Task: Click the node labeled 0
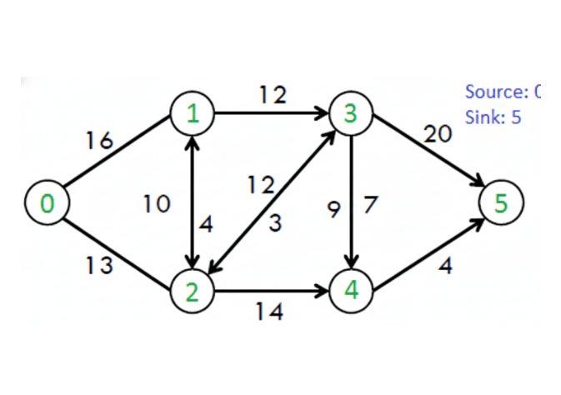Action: click(48, 202)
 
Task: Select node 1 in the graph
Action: click(193, 114)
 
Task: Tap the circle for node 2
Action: click(193, 291)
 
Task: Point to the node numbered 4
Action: click(353, 291)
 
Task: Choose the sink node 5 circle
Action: click(501, 202)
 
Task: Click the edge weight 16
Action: click(99, 141)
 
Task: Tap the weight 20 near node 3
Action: click(438, 134)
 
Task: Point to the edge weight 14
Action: click(269, 312)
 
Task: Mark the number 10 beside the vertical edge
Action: click(157, 202)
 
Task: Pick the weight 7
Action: click(371, 203)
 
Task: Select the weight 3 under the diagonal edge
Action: click(274, 222)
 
